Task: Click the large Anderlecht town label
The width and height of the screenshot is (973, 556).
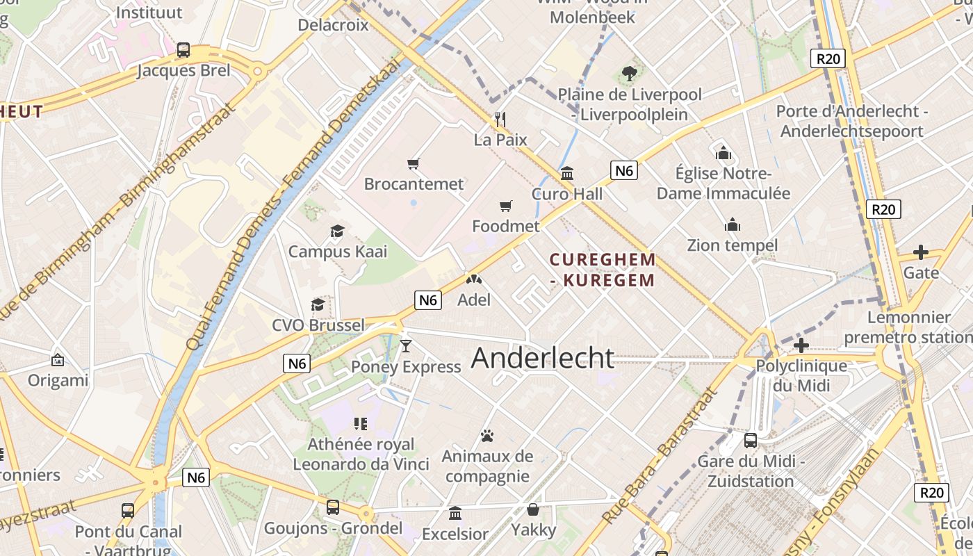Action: click(x=543, y=358)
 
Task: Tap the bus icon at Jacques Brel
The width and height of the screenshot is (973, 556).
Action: click(x=183, y=50)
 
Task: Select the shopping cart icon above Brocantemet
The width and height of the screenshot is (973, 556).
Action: click(x=414, y=164)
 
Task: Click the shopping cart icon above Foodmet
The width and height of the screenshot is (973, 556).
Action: click(x=506, y=206)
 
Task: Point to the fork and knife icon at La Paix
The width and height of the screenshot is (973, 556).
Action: click(x=500, y=120)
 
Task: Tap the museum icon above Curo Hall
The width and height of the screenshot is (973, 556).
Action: click(x=567, y=174)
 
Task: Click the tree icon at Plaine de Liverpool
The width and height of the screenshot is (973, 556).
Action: click(x=630, y=73)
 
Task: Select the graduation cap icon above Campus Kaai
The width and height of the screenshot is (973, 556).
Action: click(x=337, y=231)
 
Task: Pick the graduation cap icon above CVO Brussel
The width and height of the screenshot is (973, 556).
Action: click(x=318, y=305)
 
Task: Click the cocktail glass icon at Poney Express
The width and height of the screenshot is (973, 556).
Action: click(x=406, y=345)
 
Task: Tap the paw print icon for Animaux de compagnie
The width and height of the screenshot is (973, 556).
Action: click(x=487, y=436)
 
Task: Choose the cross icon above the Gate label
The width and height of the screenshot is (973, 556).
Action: click(x=921, y=252)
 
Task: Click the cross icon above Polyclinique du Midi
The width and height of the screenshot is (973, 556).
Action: click(x=801, y=345)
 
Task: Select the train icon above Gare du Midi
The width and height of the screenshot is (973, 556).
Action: click(x=751, y=440)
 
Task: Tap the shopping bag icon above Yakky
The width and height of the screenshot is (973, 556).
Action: click(x=533, y=509)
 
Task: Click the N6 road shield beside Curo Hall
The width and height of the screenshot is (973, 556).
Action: click(x=624, y=170)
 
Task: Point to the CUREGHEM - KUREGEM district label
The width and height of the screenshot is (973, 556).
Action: click(x=602, y=270)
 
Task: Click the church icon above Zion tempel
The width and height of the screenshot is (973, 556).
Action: click(x=733, y=224)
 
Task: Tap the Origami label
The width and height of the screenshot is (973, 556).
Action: click(x=58, y=380)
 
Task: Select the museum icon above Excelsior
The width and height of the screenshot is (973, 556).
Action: click(x=455, y=513)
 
